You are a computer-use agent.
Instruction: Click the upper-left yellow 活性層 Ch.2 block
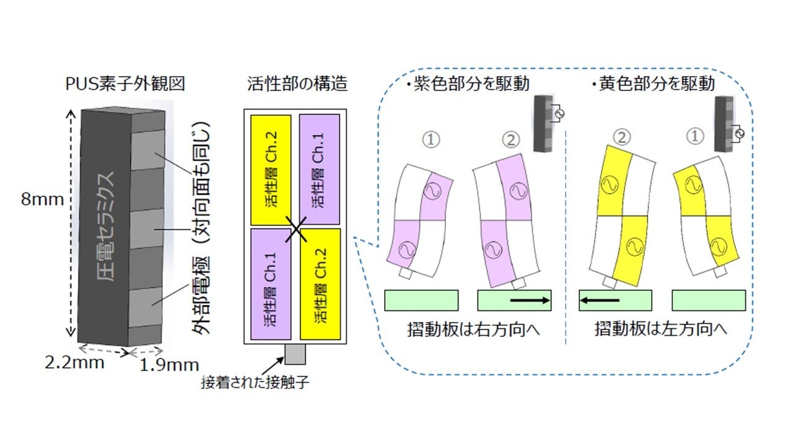coord(271,170)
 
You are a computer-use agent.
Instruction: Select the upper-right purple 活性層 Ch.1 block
coord(320,170)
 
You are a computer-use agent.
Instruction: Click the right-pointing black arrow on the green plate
coord(530,300)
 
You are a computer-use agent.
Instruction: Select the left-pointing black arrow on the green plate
coord(599,300)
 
